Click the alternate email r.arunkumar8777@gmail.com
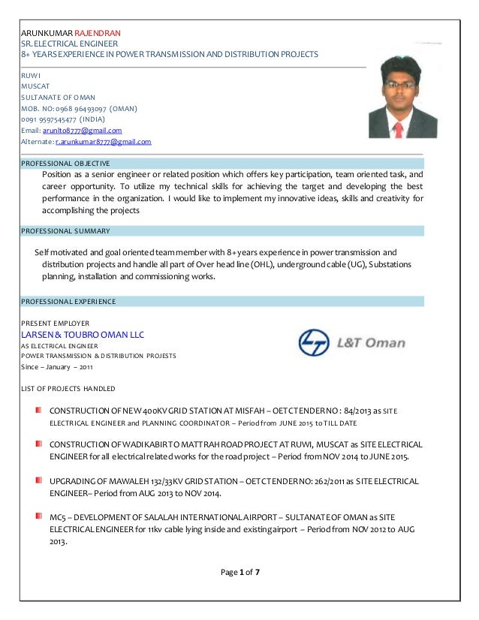(x=104, y=141)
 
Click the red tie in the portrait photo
(x=399, y=128)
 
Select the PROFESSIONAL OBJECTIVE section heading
(x=65, y=163)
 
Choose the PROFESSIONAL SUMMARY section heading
(x=65, y=230)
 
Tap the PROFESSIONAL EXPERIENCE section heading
(x=68, y=302)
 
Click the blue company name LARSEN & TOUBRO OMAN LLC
(x=82, y=334)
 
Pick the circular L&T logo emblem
(x=313, y=343)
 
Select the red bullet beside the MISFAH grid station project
(x=37, y=410)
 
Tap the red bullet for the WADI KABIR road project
(x=37, y=444)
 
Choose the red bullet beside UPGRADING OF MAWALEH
(x=37, y=478)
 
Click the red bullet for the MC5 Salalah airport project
(x=37, y=516)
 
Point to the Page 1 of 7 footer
(x=239, y=572)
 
